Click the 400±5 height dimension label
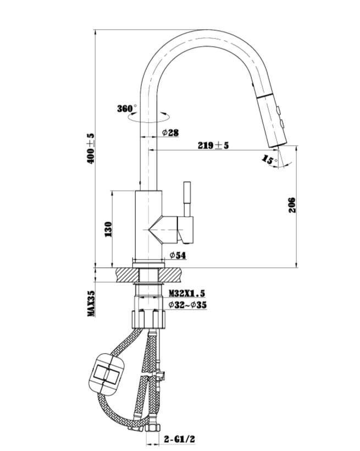pyautogui.click(x=91, y=147)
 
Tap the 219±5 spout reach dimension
pyautogui.click(x=214, y=145)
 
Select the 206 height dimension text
pyautogui.click(x=292, y=205)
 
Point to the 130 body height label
pyautogui.click(x=108, y=228)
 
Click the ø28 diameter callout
pyautogui.click(x=170, y=133)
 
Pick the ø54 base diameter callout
pyautogui.click(x=177, y=255)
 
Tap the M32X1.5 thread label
pyautogui.click(x=187, y=294)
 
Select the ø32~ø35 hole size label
pyautogui.click(x=187, y=305)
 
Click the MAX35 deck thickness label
pyautogui.click(x=91, y=304)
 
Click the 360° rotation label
pyautogui.click(x=127, y=108)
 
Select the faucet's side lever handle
pyautogui.click(x=186, y=201)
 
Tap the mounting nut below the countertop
pyautogui.click(x=149, y=319)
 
